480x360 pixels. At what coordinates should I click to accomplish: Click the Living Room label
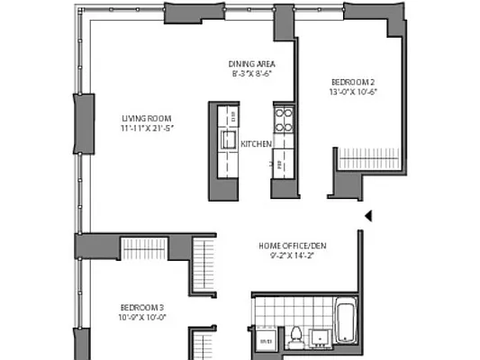coord(147,118)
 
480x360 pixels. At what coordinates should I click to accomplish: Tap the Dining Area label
coord(251,64)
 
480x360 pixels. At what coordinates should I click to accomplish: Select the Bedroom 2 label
coord(353,82)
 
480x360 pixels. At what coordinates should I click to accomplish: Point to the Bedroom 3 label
coord(143,306)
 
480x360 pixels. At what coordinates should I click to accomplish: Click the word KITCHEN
coord(257,143)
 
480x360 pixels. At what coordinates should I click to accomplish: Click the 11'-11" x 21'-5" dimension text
coord(147,129)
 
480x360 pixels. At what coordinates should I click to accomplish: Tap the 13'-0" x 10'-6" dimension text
coord(353,92)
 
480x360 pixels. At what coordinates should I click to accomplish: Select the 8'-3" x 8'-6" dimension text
coord(251,75)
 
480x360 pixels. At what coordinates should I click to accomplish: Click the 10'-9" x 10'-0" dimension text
coord(143,317)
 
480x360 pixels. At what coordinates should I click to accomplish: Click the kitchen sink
coord(230,139)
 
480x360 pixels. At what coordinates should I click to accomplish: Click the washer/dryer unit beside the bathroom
coord(267,341)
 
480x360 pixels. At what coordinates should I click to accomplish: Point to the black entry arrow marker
coord(367,215)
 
